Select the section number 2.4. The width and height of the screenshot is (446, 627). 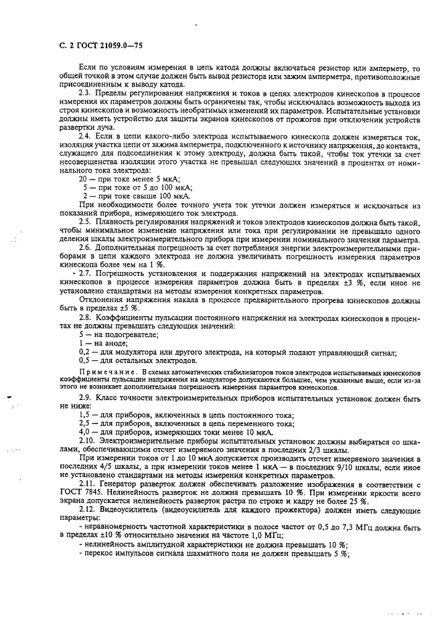click(86, 135)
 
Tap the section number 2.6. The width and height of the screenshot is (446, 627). click(86, 247)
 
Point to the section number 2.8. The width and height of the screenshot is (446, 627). click(86, 318)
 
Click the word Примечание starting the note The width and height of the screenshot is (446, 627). click(101, 370)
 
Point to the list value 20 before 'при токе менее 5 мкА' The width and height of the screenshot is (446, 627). click(83, 181)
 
